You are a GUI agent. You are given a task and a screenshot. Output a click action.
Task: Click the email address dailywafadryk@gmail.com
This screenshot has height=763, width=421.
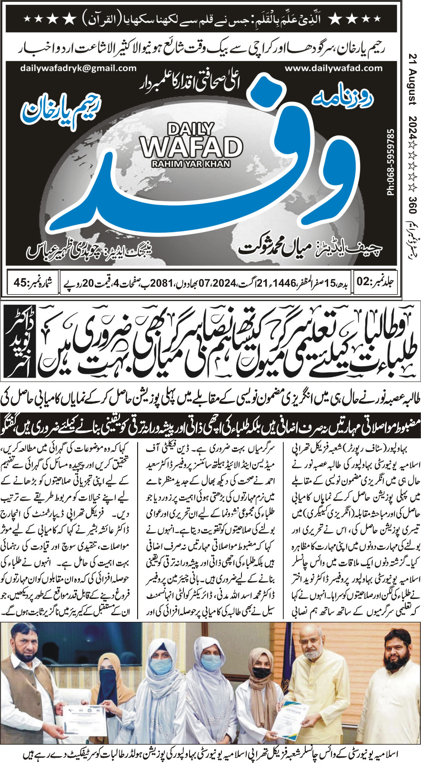pos(78,68)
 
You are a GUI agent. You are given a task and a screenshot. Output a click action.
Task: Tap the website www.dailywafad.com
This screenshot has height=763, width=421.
pos(333,68)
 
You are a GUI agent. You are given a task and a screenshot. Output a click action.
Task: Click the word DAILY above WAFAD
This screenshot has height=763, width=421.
pos(190,129)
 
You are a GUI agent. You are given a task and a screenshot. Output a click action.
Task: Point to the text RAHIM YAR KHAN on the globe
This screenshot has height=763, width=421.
pos(190,164)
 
